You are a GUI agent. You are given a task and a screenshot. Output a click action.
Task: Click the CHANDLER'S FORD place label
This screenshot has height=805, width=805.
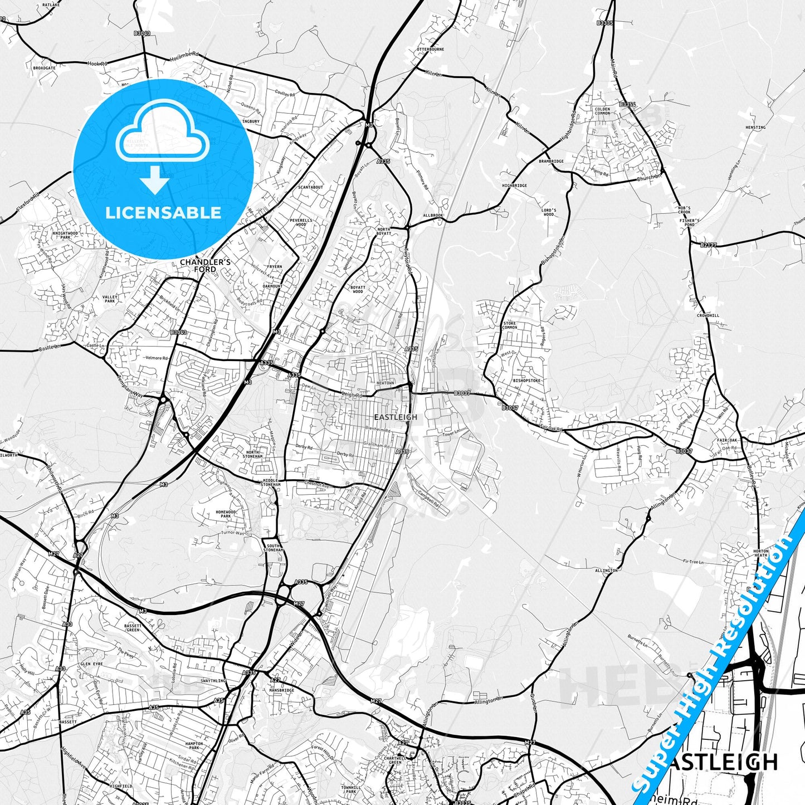[x=205, y=265]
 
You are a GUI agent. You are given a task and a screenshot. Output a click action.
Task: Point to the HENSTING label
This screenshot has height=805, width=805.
[x=755, y=128]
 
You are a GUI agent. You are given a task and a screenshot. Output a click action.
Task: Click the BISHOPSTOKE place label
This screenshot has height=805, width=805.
[x=526, y=381]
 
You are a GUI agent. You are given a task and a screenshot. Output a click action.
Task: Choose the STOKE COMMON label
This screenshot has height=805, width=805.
[x=510, y=325]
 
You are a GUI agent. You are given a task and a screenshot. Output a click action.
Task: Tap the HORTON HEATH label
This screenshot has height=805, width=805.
[x=760, y=553]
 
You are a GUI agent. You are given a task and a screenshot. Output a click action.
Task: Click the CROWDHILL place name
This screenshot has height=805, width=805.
[x=708, y=315]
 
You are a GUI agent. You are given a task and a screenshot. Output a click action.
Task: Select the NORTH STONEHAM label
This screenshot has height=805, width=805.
[x=253, y=454]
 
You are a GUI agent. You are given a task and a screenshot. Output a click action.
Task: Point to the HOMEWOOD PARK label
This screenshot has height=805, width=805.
[x=226, y=514]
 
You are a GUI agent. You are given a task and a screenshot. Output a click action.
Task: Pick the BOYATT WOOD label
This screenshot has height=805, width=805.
[x=358, y=289]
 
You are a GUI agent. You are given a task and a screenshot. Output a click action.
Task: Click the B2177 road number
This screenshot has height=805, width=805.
[x=709, y=245]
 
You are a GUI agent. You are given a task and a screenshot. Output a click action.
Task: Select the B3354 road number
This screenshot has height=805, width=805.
[x=627, y=104]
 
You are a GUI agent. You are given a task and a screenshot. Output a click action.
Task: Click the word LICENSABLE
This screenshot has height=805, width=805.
[x=163, y=212]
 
